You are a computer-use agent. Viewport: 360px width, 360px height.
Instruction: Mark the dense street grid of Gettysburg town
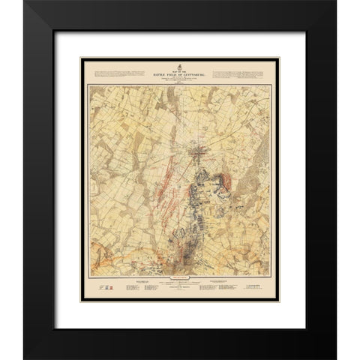[x=200, y=154]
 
